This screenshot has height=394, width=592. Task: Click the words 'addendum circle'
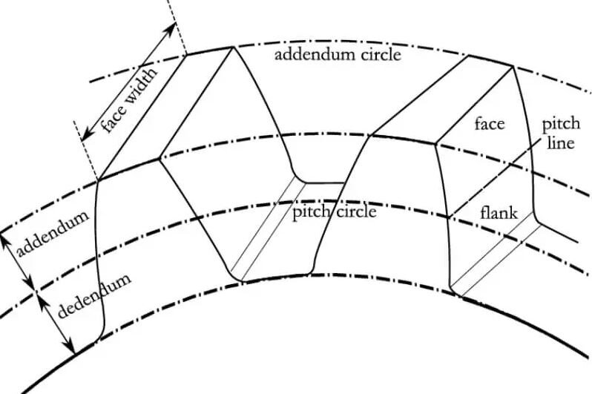click(x=338, y=56)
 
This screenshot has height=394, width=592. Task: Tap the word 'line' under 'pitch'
click(x=560, y=142)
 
